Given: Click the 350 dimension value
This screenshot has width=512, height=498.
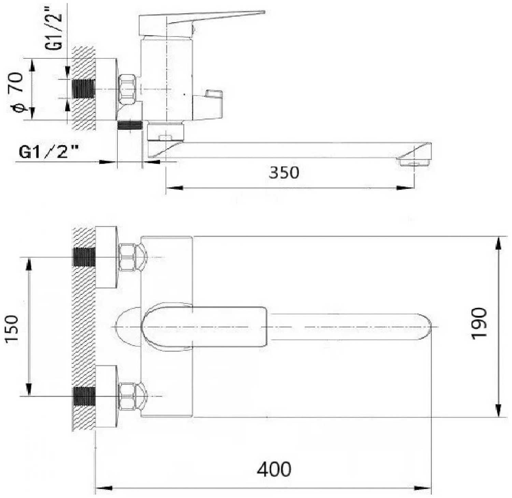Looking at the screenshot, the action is (x=284, y=172).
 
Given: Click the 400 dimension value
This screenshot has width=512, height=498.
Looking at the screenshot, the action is (x=274, y=469).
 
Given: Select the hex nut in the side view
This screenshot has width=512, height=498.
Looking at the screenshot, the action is (x=127, y=89).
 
